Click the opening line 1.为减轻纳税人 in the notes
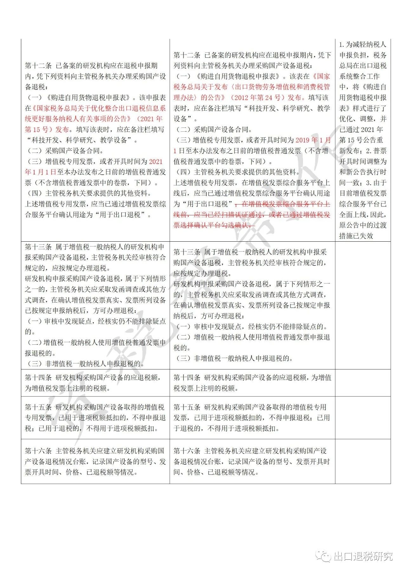363,44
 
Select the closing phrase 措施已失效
356,236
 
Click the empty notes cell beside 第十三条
363,305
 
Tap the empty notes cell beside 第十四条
363,382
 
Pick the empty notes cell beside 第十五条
363,417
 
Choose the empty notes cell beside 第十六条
363,461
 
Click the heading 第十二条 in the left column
38,66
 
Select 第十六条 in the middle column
187,451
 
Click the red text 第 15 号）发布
47,129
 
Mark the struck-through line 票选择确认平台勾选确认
214,225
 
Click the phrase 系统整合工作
359,76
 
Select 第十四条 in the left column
38,377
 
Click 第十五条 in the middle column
187,407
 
